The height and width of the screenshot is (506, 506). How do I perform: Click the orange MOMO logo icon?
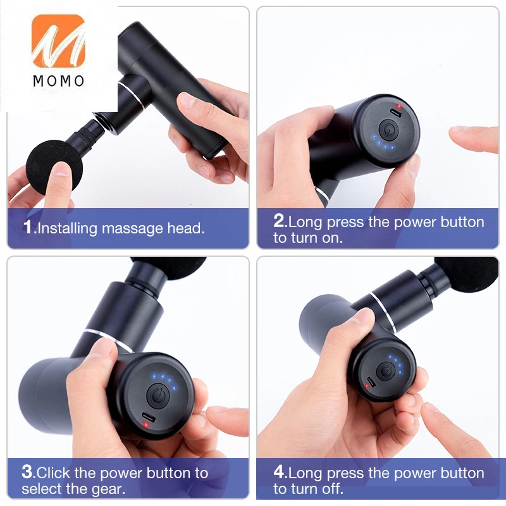(x=58, y=40)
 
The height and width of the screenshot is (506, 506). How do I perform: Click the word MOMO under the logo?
(x=59, y=81)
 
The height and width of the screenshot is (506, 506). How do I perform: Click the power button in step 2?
(x=388, y=130)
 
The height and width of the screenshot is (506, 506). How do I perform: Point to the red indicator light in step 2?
(x=399, y=106)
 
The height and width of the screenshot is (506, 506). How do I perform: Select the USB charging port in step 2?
(x=396, y=113)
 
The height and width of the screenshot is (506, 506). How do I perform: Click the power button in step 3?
(x=157, y=396)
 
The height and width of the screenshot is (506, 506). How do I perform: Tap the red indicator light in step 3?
(x=146, y=425)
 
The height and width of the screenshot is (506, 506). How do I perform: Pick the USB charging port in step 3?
(x=149, y=418)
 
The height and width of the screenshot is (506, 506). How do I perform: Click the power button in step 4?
(x=385, y=372)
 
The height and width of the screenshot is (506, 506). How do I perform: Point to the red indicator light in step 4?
(x=366, y=386)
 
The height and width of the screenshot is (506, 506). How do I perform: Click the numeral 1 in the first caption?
(x=28, y=226)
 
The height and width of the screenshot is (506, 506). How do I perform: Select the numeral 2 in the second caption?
(x=279, y=221)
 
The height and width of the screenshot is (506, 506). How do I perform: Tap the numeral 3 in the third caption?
(x=27, y=472)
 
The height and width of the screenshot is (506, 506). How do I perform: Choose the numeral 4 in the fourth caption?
(x=279, y=472)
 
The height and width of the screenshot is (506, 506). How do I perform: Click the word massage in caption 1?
(x=132, y=229)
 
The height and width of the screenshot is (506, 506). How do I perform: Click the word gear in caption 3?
(x=108, y=490)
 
